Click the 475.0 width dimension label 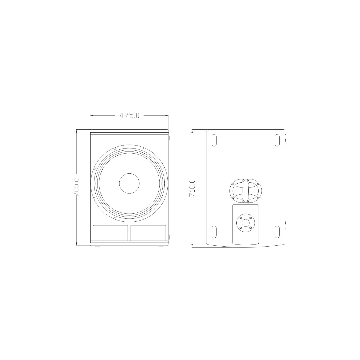pyautogui.click(x=129, y=115)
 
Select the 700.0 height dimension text pyautogui.click(x=77, y=187)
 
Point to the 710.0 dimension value pyautogui.click(x=192, y=188)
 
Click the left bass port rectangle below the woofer pyautogui.click(x=110, y=232)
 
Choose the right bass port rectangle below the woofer pyautogui.click(x=148, y=232)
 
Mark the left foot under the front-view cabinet pyautogui.click(x=98, y=246)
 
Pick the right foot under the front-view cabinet pyautogui.click(x=161, y=246)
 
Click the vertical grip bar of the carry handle pyautogui.click(x=246, y=191)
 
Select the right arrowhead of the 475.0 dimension pyautogui.click(x=167, y=115)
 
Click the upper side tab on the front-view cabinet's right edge pyautogui.click(x=169, y=138)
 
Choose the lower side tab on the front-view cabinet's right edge pyautogui.click(x=169, y=237)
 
